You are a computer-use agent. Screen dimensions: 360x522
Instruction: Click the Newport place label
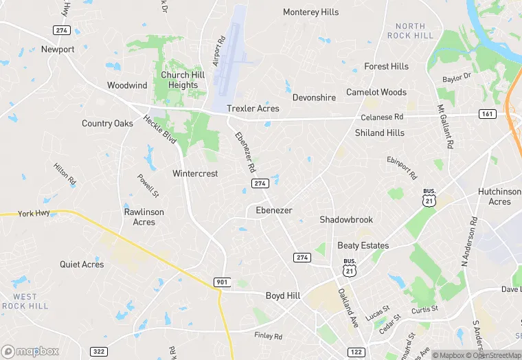(x=58, y=49)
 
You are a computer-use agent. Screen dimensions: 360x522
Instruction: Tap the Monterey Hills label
(x=310, y=12)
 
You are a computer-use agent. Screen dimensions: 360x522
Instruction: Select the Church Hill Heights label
(x=179, y=80)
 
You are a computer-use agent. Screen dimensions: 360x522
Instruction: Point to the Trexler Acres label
(x=253, y=109)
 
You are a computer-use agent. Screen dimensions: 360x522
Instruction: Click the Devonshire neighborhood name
(x=314, y=98)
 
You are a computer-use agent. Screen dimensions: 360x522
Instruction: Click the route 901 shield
(x=221, y=282)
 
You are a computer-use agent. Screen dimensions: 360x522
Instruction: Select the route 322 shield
(x=99, y=352)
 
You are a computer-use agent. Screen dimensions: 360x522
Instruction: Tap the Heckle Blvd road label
(x=160, y=129)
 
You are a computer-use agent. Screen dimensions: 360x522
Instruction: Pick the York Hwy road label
(x=35, y=214)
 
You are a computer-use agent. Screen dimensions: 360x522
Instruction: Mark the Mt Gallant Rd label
(x=446, y=128)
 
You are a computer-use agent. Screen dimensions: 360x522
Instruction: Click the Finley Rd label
(x=268, y=336)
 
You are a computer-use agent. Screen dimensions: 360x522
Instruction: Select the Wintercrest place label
(x=195, y=174)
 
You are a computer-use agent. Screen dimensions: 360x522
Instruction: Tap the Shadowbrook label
(x=346, y=220)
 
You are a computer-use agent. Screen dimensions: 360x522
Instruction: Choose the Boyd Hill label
(x=283, y=295)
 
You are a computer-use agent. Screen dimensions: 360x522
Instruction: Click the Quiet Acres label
(x=82, y=265)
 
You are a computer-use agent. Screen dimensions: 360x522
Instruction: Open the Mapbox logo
(x=31, y=351)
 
